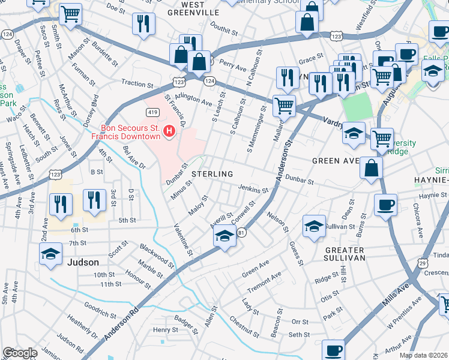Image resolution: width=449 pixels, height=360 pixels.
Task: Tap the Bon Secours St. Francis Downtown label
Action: click(x=131, y=132)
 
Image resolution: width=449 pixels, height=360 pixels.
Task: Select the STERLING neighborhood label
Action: click(x=212, y=174)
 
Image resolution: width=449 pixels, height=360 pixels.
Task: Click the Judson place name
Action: click(x=83, y=262)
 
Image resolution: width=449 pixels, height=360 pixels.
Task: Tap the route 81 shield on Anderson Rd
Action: click(x=241, y=233)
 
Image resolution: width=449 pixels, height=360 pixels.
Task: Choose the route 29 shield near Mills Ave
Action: click(x=423, y=263)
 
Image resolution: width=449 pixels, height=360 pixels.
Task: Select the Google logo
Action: click(x=20, y=353)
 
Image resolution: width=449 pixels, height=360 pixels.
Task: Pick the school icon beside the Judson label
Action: click(x=51, y=254)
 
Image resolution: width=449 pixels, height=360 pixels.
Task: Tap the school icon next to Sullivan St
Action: click(x=315, y=226)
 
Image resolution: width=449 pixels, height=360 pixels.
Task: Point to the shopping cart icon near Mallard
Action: click(x=284, y=106)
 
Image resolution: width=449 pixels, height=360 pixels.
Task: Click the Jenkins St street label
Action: click(x=253, y=190)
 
